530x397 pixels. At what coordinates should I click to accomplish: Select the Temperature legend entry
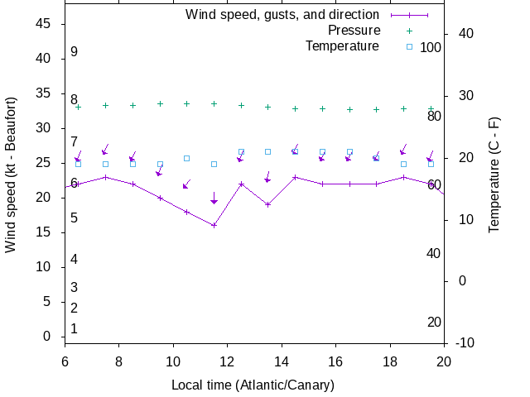tap(341, 46)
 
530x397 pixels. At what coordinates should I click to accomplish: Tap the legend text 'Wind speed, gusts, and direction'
tap(282, 15)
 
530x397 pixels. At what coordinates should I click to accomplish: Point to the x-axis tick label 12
tap(228, 361)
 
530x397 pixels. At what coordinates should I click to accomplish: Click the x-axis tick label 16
tap(335, 361)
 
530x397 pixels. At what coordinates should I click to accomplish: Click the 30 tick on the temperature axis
tap(465, 96)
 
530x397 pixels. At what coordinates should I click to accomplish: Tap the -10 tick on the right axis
tap(465, 342)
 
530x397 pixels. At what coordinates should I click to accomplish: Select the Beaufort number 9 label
tap(74, 52)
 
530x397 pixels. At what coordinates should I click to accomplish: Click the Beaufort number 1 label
tap(74, 329)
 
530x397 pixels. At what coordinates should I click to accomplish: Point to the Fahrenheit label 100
tap(431, 47)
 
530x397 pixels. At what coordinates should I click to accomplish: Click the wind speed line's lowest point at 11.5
tap(214, 225)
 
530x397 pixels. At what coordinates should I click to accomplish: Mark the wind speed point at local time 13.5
tap(267, 204)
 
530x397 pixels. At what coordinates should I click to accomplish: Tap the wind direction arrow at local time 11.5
tap(214, 198)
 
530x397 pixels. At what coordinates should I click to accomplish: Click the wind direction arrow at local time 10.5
tap(186, 184)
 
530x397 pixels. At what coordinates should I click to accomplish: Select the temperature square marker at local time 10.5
tap(186, 158)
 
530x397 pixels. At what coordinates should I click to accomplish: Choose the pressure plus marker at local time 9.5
tap(160, 104)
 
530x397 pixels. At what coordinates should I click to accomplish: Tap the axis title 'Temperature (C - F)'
tap(494, 175)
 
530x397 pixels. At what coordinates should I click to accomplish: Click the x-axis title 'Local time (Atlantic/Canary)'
tap(253, 385)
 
